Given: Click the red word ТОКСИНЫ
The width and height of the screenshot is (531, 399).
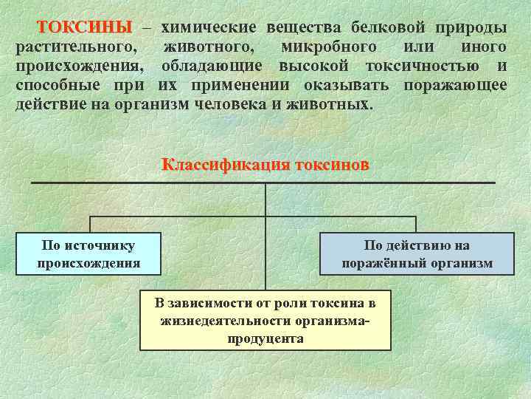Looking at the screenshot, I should tap(84, 27).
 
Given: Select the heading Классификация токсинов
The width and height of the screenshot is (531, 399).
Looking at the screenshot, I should tap(265, 164).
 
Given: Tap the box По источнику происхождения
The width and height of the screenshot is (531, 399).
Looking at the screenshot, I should tap(89, 253).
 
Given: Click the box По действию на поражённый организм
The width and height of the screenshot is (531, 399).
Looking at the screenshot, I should tap(417, 253).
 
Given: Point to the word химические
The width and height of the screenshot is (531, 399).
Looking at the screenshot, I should tap(209, 27).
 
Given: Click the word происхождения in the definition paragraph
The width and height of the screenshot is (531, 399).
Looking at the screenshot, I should tap(80, 66).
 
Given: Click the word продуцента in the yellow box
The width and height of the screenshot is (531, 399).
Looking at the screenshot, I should tap(265, 338).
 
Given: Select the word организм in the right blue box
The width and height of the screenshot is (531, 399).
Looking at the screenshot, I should tap(461, 263).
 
